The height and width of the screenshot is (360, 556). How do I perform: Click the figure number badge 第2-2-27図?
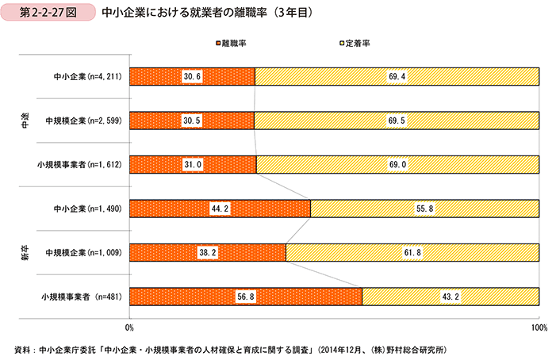tap(49, 13)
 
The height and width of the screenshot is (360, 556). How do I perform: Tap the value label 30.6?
tap(192, 76)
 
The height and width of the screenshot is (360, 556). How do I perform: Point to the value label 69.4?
tap(397, 76)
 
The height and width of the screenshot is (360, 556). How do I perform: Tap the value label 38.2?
tap(208, 253)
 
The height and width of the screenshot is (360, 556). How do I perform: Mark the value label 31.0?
tap(193, 164)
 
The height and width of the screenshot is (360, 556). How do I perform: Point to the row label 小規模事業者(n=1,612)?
tap(78, 165)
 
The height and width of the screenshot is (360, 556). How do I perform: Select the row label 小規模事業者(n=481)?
tap(79, 297)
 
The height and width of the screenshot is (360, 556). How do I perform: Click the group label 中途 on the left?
tap(25, 120)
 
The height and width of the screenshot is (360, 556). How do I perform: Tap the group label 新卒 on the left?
tap(25, 252)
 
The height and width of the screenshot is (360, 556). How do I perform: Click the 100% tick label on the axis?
tap(539, 327)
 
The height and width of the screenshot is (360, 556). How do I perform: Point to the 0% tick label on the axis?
tap(129, 327)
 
